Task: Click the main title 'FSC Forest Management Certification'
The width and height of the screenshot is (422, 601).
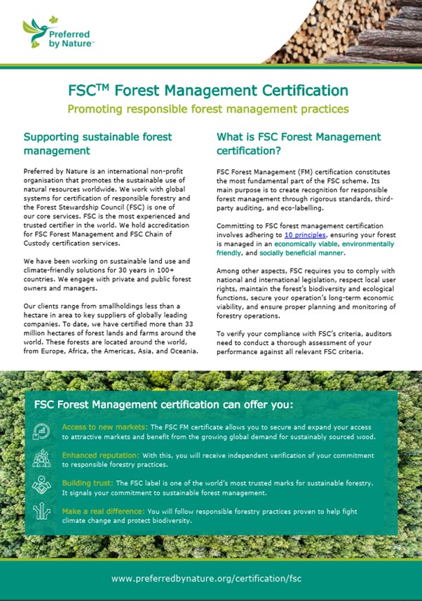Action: tap(208, 90)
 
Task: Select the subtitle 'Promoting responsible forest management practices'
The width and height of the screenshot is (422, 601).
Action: tap(208, 109)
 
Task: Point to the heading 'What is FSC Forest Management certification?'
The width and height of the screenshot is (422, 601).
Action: tap(299, 143)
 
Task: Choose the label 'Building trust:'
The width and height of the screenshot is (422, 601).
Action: tap(87, 483)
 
